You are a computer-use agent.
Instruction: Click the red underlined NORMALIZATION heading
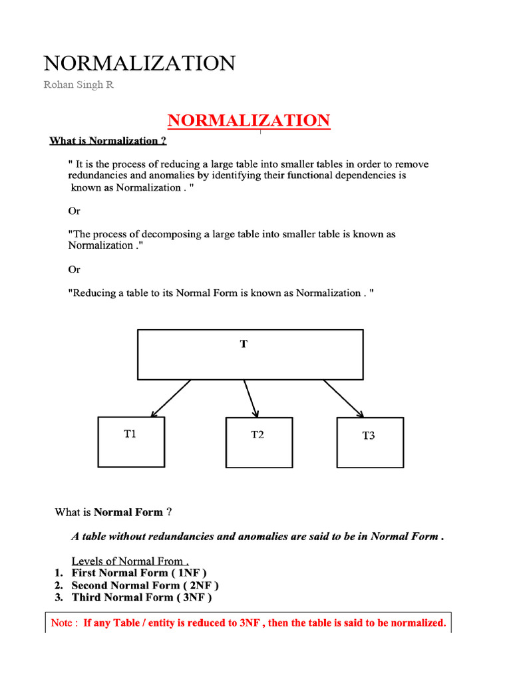pos(248,121)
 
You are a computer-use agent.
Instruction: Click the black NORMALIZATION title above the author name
pos(139,64)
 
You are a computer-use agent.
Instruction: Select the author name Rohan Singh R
pos(79,86)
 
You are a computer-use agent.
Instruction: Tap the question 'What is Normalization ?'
pos(108,141)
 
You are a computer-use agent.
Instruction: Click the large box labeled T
pos(250,354)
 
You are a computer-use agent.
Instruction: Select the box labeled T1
pos(132,442)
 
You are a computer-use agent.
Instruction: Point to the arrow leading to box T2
pos(251,398)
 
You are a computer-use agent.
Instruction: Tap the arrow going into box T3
pos(343,398)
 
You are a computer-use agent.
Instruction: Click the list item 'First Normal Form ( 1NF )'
pos(139,573)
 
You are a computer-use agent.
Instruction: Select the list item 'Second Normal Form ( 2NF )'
pos(145,585)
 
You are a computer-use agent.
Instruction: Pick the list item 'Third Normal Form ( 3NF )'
pos(142,597)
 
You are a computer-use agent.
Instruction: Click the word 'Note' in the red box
pos(63,623)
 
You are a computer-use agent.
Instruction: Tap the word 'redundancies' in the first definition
pos(98,176)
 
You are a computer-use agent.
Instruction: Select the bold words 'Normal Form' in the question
pos(128,512)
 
